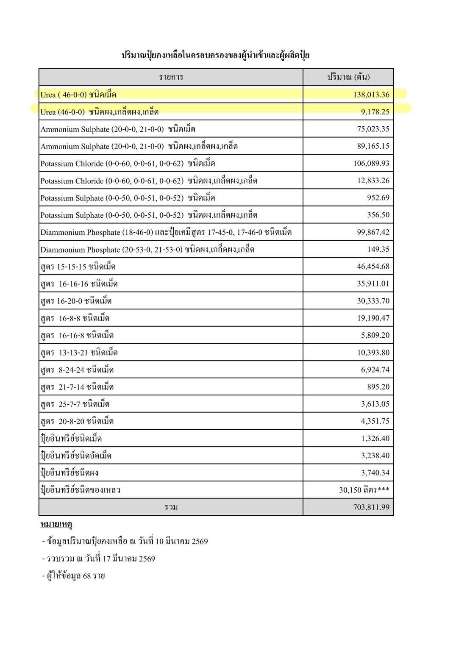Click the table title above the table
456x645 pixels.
(x=215, y=55)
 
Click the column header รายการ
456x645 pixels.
(x=171, y=77)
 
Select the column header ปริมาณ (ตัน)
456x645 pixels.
(x=348, y=77)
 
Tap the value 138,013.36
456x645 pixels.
(x=371, y=95)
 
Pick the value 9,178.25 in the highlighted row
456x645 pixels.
(x=375, y=112)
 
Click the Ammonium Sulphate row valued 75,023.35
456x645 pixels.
(x=118, y=129)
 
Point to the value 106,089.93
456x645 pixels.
(x=371, y=164)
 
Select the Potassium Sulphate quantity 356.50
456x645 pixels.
(x=378, y=215)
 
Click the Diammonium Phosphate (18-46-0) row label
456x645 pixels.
(x=166, y=232)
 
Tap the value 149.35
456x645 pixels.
(x=378, y=249)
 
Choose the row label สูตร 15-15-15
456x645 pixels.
(x=78, y=267)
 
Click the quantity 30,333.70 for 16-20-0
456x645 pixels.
(x=373, y=301)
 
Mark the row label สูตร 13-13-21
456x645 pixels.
(x=79, y=353)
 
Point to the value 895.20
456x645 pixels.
(x=378, y=387)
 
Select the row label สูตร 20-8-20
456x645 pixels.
(x=77, y=421)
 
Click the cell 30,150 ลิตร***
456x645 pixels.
(x=364, y=490)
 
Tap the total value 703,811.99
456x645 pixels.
(x=371, y=507)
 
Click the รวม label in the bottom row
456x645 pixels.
(x=171, y=507)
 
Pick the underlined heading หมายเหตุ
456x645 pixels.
(x=56, y=525)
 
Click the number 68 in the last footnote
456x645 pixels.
(x=87, y=576)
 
